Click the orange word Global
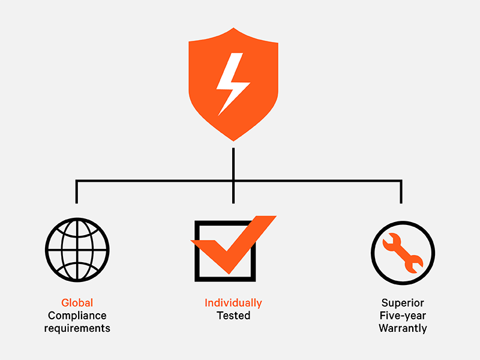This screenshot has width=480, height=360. [x=77, y=303]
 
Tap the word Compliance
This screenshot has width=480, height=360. [x=77, y=316]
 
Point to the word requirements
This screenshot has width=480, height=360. [x=77, y=328]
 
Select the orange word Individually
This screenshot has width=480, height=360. [x=233, y=303]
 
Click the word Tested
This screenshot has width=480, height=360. [x=233, y=316]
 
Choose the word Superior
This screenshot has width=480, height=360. [x=402, y=303]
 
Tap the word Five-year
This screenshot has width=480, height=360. [x=402, y=316]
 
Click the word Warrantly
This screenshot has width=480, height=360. [x=402, y=328]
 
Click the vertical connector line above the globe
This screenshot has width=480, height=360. [x=77, y=192]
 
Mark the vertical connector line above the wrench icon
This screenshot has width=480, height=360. [x=401, y=192]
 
